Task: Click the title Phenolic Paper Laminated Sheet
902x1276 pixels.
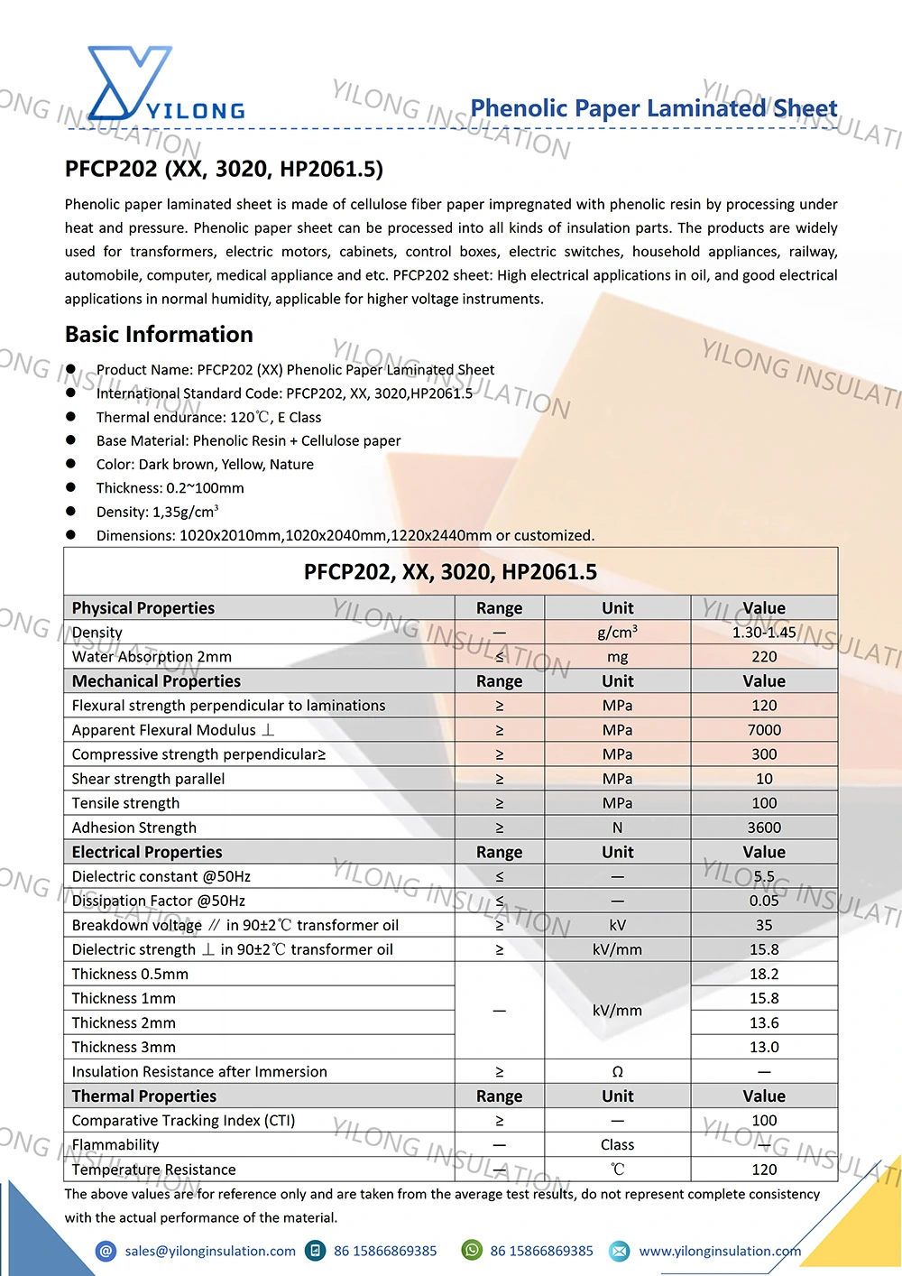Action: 653,108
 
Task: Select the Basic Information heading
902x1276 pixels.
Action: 159,335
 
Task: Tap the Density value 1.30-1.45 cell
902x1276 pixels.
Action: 764,633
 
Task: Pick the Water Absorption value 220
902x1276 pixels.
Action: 764,657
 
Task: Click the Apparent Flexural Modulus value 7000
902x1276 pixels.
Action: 764,730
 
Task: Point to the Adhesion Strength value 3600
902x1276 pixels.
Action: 764,828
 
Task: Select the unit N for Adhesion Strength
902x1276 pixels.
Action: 617,828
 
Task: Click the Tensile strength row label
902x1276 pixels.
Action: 126,803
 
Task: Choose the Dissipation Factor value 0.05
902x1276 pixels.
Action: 764,901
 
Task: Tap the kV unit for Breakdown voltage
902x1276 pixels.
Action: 617,925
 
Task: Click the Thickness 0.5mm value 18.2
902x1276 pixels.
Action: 764,974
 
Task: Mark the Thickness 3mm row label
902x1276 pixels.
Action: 124,1047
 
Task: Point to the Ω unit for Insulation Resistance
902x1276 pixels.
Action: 617,1072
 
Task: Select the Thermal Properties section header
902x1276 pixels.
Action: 144,1096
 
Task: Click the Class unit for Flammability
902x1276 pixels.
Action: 617,1145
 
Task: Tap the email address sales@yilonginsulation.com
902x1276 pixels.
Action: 210,1251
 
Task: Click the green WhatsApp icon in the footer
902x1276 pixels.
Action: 472,1250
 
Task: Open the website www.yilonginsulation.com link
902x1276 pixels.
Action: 720,1251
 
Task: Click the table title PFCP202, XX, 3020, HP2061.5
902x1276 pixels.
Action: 450,572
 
